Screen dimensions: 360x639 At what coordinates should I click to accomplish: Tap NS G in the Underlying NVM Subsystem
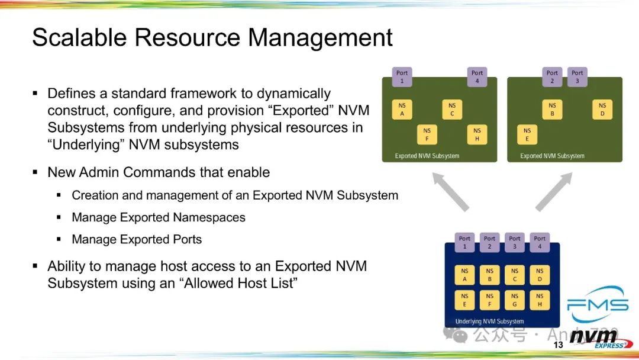tap(515, 300)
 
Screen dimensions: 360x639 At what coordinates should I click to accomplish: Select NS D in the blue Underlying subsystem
tap(540, 275)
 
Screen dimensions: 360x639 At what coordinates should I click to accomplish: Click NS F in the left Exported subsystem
tap(427, 134)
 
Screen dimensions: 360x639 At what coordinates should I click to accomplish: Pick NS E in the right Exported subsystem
tap(527, 134)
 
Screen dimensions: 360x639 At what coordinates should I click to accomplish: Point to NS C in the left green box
tap(452, 110)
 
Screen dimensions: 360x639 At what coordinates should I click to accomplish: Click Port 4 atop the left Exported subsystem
tap(477, 77)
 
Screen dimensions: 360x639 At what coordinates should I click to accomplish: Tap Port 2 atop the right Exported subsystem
tap(552, 77)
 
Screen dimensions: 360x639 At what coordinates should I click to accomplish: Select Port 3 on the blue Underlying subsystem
tap(515, 242)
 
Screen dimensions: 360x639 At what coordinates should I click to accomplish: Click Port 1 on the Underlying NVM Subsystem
tap(464, 242)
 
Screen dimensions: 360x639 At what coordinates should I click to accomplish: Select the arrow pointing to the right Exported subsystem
tap(555, 190)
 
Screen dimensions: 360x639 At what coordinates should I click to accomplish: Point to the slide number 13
tap(558, 345)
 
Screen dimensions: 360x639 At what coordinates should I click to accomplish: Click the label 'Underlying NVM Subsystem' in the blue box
tap(489, 322)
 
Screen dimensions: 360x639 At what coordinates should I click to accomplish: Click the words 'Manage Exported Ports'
tap(137, 240)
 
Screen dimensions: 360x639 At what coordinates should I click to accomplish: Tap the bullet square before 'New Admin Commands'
tap(35, 173)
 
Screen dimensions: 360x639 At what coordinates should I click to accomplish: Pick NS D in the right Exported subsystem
tap(602, 110)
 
